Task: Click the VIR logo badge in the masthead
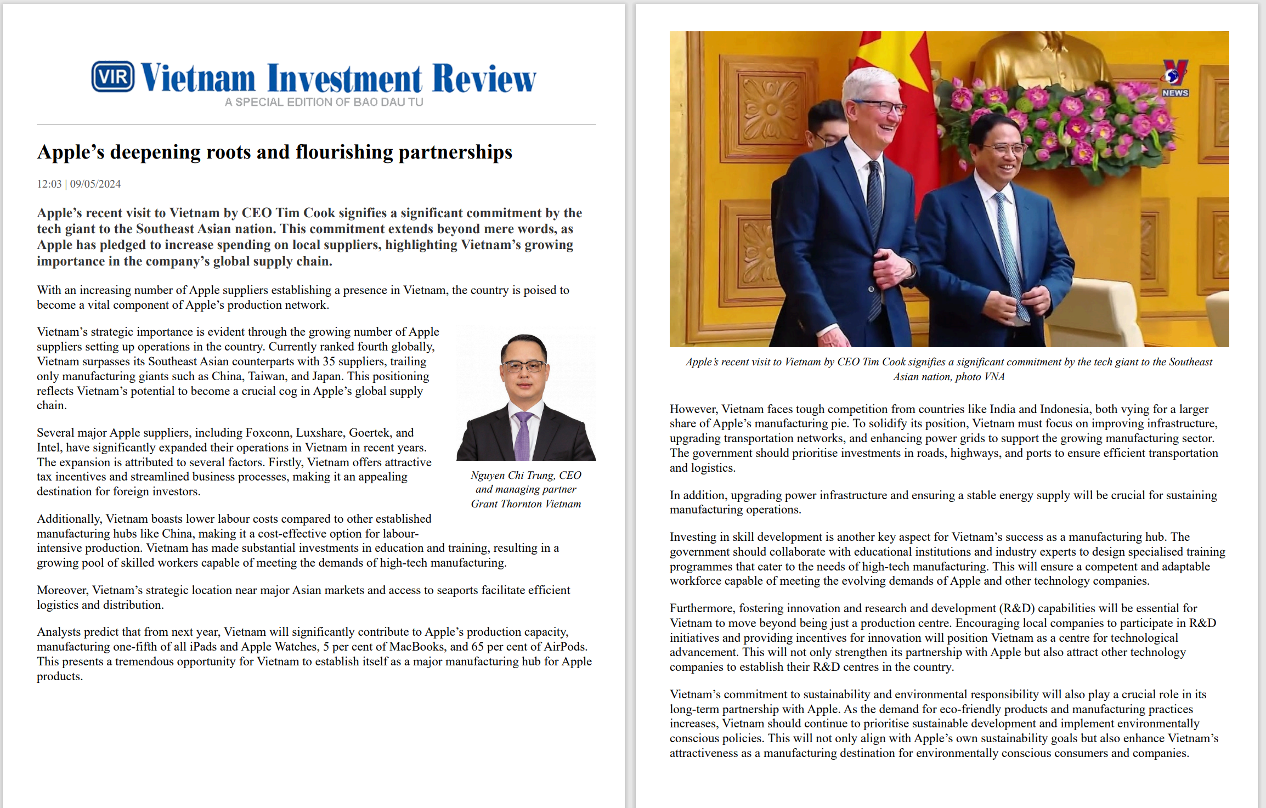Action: [112, 76]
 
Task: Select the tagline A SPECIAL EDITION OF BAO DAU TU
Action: [324, 102]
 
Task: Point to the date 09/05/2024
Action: [95, 184]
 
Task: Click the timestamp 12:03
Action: [49, 184]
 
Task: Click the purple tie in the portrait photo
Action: [523, 436]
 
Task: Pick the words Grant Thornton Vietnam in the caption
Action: [525, 504]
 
